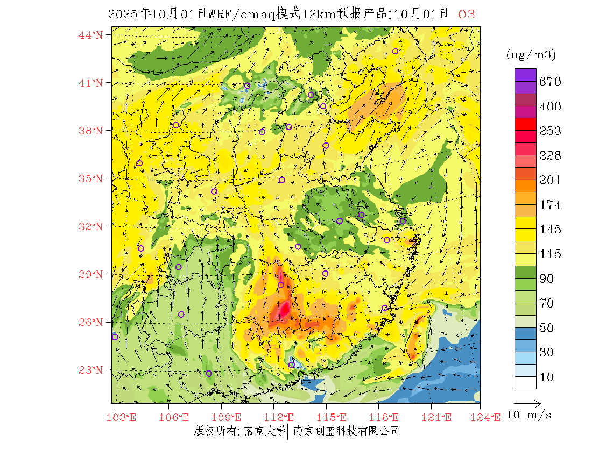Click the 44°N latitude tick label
[x=91, y=35]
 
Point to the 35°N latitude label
[x=91, y=178]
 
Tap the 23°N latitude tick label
[x=91, y=370]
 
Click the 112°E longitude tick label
[x=283, y=417]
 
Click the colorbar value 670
[x=551, y=82]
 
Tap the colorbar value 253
[x=551, y=131]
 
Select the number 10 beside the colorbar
[x=546, y=377]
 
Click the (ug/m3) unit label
[x=531, y=54]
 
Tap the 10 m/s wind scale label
[x=529, y=415]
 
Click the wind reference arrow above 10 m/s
[x=527, y=403]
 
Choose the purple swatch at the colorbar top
[x=525, y=75]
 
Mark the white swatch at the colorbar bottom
[x=525, y=382]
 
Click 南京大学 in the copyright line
[x=264, y=431]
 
